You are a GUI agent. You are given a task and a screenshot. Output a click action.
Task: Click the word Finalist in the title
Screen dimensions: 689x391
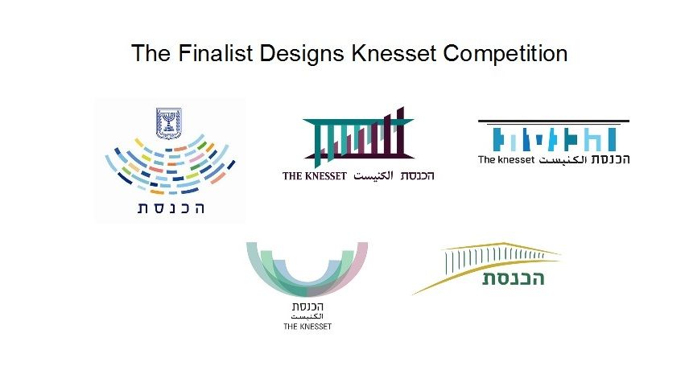tap(216, 53)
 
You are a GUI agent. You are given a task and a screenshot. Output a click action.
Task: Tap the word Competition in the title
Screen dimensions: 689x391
tap(505, 54)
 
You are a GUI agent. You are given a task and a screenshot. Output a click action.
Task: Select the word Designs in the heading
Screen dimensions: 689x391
tap(302, 54)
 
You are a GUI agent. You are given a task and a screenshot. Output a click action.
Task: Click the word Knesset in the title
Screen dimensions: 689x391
tap(394, 53)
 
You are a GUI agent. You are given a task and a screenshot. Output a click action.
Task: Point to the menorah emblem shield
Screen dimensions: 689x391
tap(169, 123)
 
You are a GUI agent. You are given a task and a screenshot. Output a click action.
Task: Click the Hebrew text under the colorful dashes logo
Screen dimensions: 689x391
tap(171, 208)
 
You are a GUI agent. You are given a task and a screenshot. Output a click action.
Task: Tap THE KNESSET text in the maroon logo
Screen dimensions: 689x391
tap(315, 176)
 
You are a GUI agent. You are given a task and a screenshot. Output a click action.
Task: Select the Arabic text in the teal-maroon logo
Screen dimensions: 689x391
tap(373, 175)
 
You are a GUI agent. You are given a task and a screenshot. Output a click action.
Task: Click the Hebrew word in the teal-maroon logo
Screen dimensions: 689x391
tap(417, 175)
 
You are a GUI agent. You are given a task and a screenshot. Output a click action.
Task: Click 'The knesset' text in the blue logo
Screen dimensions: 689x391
tap(506, 160)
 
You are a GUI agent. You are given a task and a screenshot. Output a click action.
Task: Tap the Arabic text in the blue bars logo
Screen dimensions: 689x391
tap(563, 160)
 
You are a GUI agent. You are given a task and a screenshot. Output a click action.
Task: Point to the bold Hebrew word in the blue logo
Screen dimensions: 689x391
tap(610, 159)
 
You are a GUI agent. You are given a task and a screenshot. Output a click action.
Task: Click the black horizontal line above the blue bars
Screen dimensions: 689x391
tap(554, 121)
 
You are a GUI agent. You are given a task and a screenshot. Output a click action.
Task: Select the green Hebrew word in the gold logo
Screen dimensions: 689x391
tap(514, 278)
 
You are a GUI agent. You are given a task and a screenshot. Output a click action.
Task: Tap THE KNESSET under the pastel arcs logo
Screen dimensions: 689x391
tap(307, 327)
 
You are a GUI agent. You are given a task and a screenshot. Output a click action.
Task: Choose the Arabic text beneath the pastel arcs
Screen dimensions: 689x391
tap(307, 316)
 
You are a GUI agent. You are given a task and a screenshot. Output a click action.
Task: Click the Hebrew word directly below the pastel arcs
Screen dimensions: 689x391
tap(307, 307)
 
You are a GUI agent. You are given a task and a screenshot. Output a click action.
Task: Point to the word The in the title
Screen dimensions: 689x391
tap(151, 53)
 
